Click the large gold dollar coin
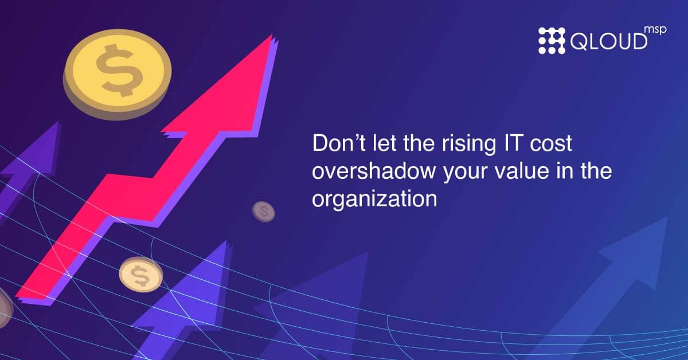(x=117, y=74)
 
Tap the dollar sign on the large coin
(x=119, y=70)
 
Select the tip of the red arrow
(x=272, y=35)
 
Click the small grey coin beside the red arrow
(x=264, y=212)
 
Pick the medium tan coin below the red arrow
(x=141, y=275)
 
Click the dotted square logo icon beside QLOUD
(x=552, y=41)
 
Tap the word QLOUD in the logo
(x=609, y=41)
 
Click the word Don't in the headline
(x=339, y=143)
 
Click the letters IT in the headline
(x=513, y=143)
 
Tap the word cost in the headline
(x=551, y=144)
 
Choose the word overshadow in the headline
(x=374, y=171)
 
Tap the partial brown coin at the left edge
(x=5, y=308)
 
